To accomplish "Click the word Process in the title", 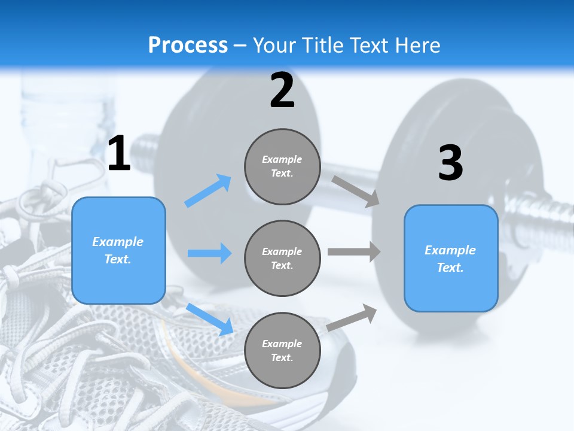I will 188,45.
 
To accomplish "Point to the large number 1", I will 119,154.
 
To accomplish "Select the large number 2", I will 282,90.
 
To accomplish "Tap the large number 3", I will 450,163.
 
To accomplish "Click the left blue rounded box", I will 118,250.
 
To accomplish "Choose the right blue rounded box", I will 451,259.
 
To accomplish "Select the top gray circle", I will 282,166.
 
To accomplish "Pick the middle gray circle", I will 282,259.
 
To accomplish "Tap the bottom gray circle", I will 282,351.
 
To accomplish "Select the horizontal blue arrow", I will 209,253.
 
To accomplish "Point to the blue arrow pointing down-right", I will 209,318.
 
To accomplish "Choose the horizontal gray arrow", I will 354,252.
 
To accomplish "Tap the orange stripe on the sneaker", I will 173,347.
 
